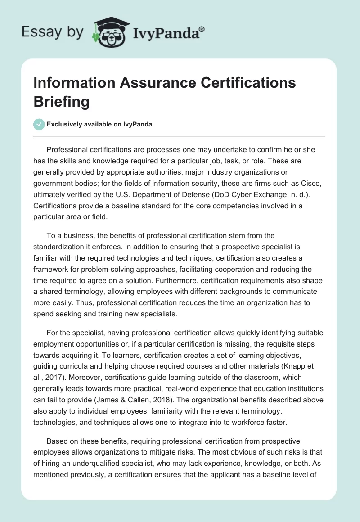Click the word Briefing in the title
coord(61,102)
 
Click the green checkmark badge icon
coord(39,124)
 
